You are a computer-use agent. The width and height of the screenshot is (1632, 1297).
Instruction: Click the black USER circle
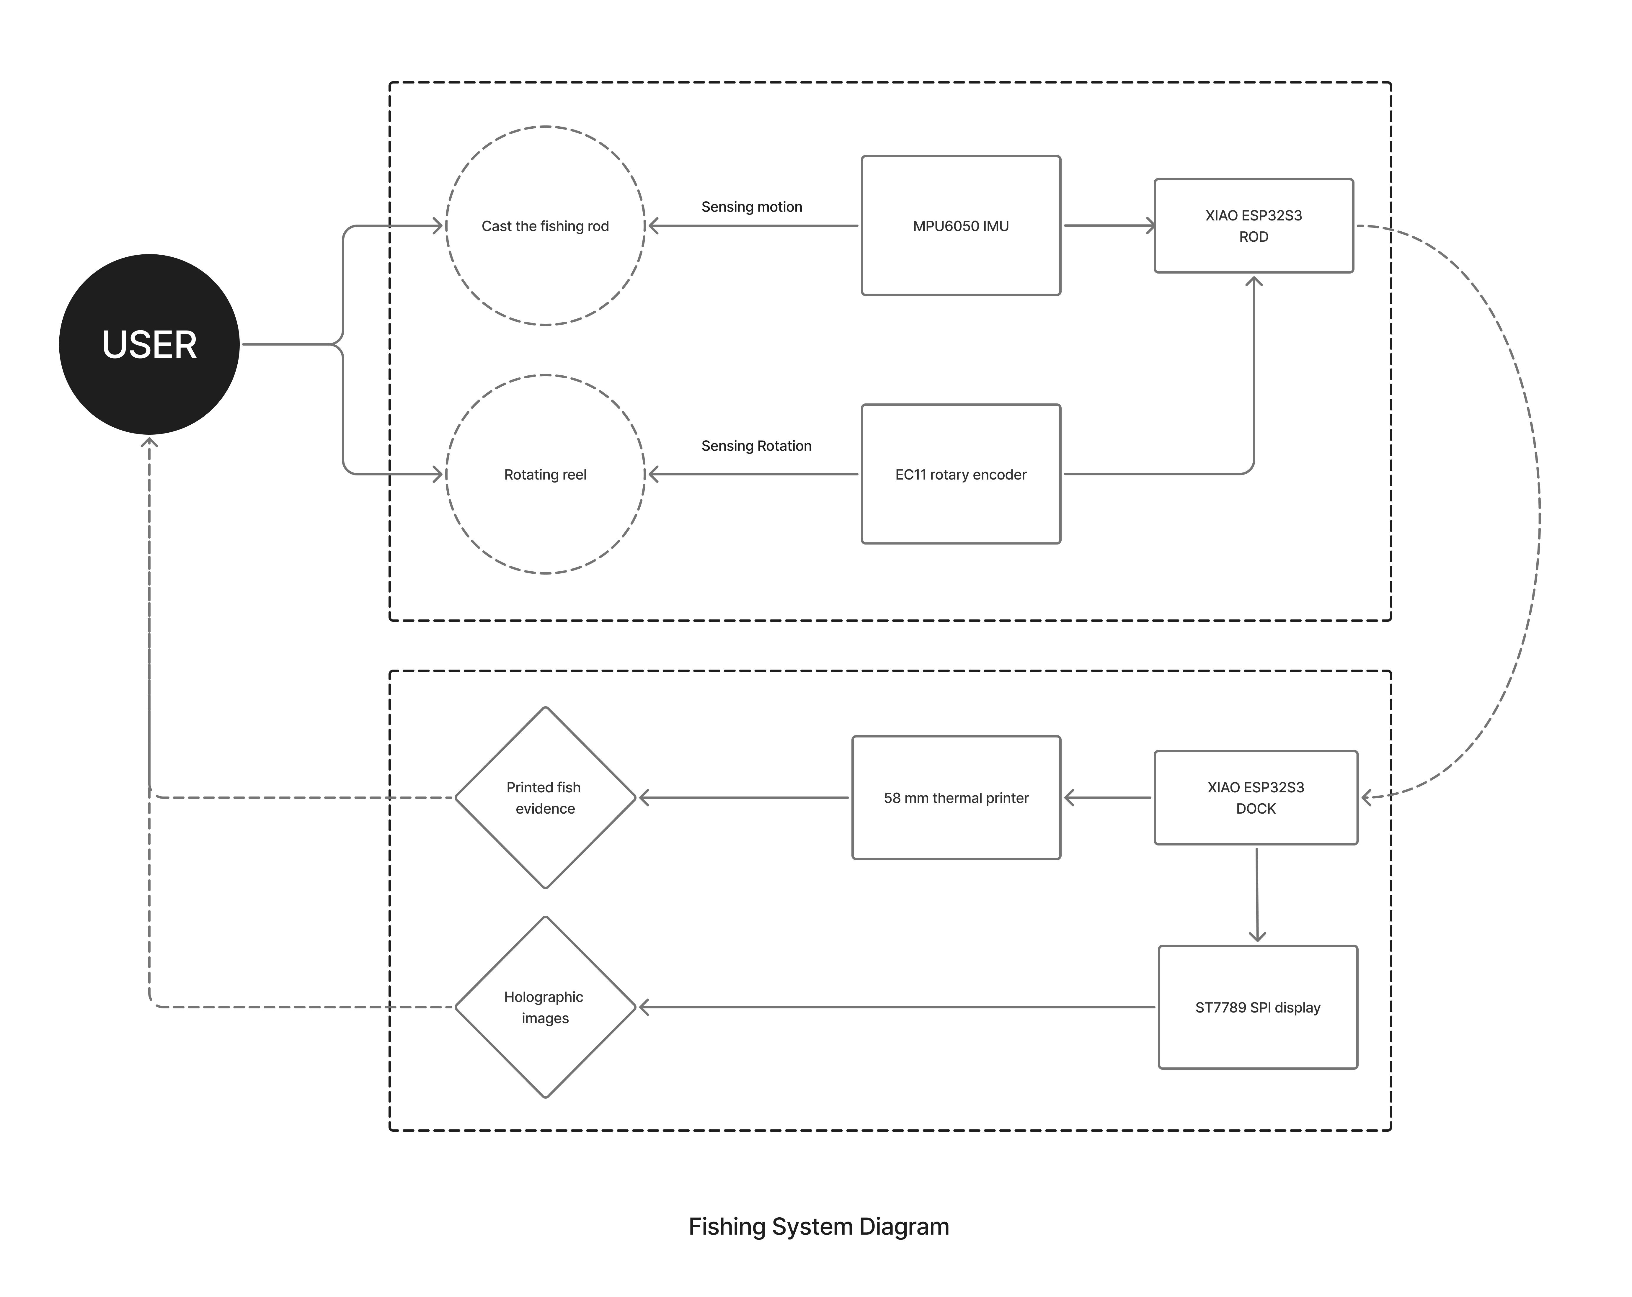[x=149, y=344]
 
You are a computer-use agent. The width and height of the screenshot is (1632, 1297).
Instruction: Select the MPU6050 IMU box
[x=961, y=225]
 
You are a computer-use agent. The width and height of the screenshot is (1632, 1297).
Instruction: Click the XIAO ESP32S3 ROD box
[x=1254, y=225]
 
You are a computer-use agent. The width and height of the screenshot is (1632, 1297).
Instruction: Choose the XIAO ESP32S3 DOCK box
[x=1256, y=798]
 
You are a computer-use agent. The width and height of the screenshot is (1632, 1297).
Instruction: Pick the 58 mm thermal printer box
[x=956, y=798]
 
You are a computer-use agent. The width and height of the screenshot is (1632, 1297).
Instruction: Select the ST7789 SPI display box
[x=1257, y=1007]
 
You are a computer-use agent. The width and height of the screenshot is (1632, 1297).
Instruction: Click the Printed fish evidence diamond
[x=545, y=798]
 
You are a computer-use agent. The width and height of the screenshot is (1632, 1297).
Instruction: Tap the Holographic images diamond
[x=545, y=1007]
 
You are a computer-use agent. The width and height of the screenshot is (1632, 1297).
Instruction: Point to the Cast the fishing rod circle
[x=545, y=225]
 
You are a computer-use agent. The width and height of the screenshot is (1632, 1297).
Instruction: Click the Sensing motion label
[x=752, y=207]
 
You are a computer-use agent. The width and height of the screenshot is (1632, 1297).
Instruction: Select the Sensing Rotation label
[x=756, y=446]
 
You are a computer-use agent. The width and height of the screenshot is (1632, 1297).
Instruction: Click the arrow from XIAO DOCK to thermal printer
[x=1107, y=798]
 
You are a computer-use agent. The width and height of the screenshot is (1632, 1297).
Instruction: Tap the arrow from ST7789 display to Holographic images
[x=897, y=1007]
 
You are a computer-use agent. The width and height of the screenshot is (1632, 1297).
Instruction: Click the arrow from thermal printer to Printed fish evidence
[x=744, y=798]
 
